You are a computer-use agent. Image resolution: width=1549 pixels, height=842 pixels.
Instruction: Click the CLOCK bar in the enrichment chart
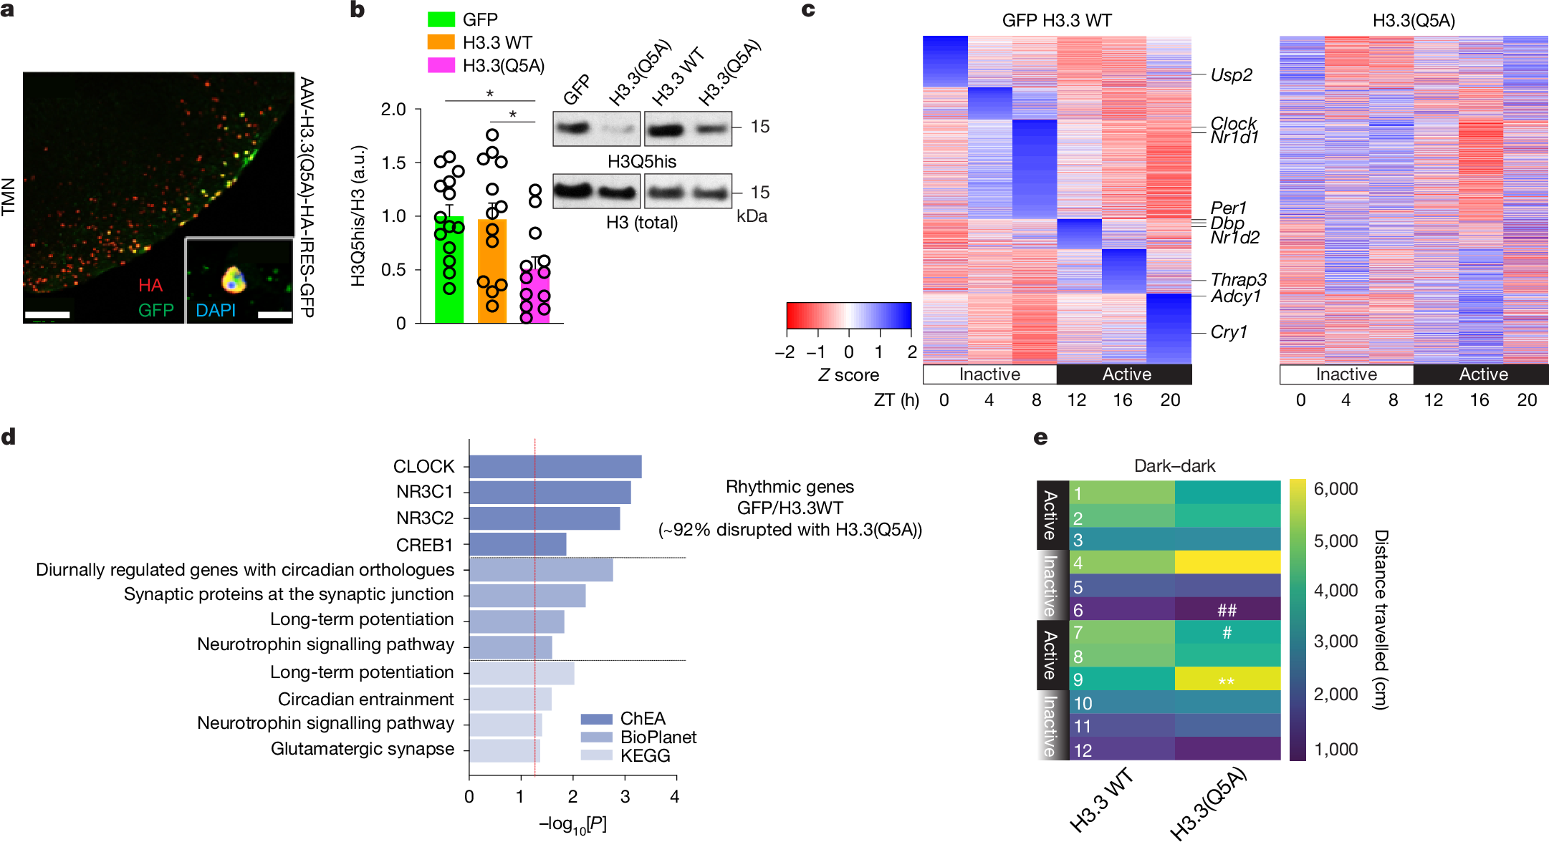[555, 467]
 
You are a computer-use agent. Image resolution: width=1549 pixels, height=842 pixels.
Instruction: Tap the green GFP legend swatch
[441, 19]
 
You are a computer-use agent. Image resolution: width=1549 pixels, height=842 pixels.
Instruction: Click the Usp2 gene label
[1231, 75]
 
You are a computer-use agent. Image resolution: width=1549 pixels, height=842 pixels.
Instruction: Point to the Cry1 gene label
[1229, 333]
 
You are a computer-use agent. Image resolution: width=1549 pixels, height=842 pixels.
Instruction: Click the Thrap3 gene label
[1238, 280]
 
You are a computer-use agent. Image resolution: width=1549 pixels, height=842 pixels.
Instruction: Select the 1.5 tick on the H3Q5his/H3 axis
[394, 163]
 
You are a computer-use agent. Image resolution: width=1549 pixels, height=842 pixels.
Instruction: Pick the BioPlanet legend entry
[658, 737]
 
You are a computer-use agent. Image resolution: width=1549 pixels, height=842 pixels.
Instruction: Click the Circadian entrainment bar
[510, 699]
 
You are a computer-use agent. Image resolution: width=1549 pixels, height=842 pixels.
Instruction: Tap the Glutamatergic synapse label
[363, 749]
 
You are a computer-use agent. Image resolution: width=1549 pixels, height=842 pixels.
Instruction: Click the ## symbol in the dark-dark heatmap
[1227, 611]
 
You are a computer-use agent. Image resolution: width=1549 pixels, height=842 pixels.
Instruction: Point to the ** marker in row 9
[1227, 681]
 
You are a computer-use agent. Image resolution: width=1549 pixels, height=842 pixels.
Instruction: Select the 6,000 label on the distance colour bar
[1335, 490]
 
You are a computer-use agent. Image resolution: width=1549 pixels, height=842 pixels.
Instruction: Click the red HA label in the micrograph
[150, 286]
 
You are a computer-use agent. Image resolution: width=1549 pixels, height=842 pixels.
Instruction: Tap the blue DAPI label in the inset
[216, 311]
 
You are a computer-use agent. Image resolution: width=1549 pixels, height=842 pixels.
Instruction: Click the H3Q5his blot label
[641, 162]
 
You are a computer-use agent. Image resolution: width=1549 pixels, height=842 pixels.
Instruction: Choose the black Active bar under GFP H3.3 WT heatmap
[1126, 374]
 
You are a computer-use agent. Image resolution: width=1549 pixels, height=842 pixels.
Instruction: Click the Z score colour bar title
[848, 375]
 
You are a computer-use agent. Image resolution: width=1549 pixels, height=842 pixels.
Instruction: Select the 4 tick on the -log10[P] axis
[674, 797]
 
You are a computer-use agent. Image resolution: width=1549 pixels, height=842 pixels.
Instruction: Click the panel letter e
[1041, 437]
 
